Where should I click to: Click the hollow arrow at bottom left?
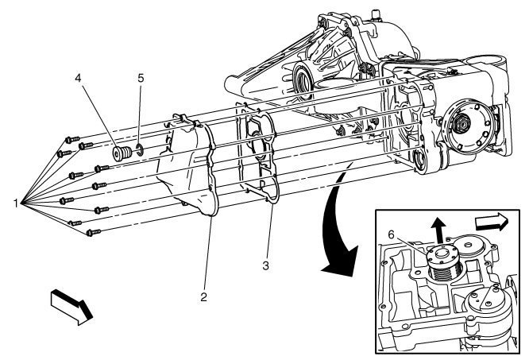pyautogui.click(x=68, y=308)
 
